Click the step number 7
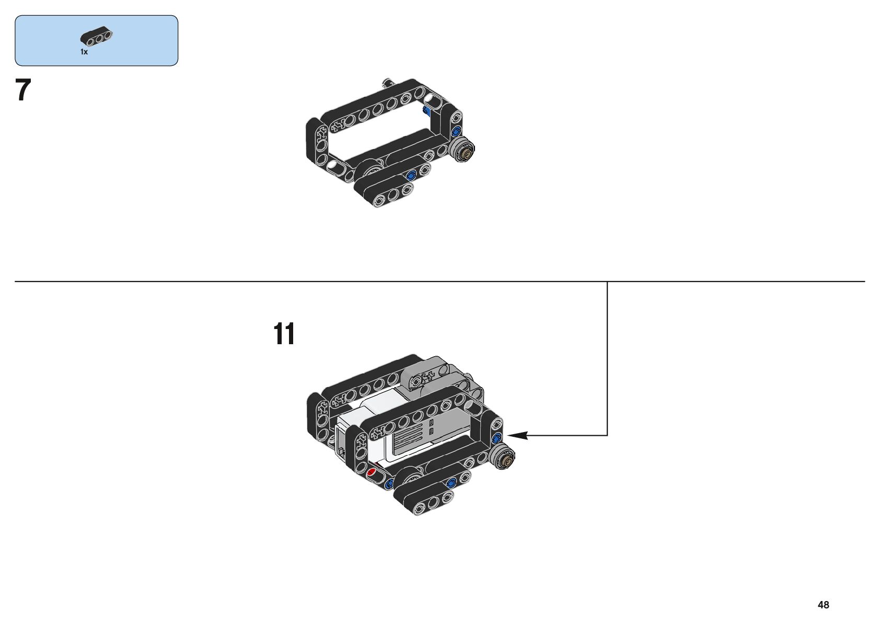pos(24,90)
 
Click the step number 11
pos(284,334)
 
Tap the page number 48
pos(823,605)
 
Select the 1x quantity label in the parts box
pos(84,52)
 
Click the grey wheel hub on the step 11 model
pos(504,458)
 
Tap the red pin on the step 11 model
pos(372,472)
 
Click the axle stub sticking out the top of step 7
pos(388,82)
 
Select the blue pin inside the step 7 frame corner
pos(427,109)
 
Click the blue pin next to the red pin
pos(388,484)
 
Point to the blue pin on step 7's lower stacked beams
pos(410,175)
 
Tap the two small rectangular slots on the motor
pos(431,426)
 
